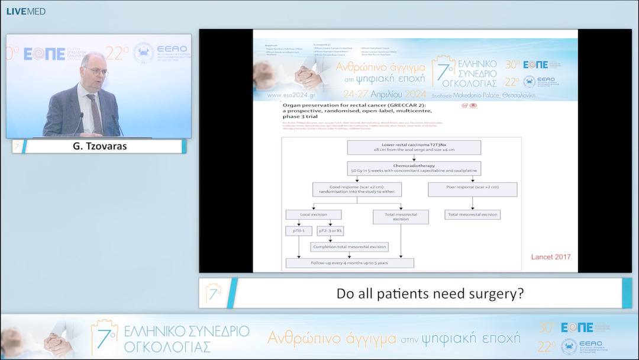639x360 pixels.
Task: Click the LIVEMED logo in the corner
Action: pyautogui.click(x=25, y=11)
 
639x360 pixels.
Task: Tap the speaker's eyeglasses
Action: pyautogui.click(x=95, y=70)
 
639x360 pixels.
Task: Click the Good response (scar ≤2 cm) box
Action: pyautogui.click(x=357, y=189)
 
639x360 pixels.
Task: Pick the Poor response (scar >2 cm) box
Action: pyautogui.click(x=472, y=189)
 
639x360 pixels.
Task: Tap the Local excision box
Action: pyautogui.click(x=313, y=214)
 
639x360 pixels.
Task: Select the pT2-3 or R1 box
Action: pyautogui.click(x=330, y=231)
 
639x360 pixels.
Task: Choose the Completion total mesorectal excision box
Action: pyautogui.click(x=349, y=246)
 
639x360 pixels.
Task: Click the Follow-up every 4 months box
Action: pyautogui.click(x=349, y=263)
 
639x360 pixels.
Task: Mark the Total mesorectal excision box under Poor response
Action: pyautogui.click(x=472, y=214)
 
